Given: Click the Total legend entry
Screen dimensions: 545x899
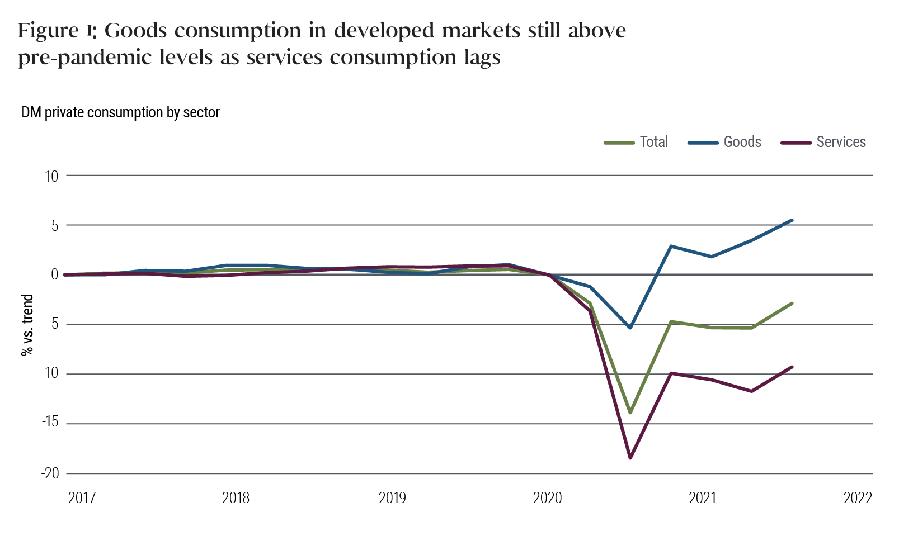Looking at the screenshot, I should tap(637, 142).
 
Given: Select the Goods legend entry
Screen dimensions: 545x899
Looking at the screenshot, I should tap(725, 142).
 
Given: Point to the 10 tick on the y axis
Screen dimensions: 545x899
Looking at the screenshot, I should tap(51, 176).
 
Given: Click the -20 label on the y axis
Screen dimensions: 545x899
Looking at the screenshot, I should tap(50, 473).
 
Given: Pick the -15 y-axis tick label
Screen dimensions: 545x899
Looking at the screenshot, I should tap(50, 424).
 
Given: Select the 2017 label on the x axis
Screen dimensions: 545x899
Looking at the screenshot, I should tap(82, 497).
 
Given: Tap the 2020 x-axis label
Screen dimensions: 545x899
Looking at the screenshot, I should tap(547, 497).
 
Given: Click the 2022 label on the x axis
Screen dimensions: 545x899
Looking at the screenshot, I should tap(858, 497).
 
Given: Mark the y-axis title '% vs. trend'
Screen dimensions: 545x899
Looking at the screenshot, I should tap(27, 325).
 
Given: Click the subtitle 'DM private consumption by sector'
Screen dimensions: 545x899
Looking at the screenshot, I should tap(120, 112).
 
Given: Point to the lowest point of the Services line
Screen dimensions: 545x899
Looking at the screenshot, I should tap(630, 458).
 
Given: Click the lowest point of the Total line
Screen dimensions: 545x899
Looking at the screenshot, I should tap(630, 413).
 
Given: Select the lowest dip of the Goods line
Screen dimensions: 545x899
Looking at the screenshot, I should tap(630, 328).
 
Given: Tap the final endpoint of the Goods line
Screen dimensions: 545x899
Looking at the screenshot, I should tap(792, 220).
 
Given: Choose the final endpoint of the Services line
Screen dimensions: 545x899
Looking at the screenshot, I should tap(792, 367).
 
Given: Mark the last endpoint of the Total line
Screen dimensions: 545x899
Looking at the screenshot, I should tap(792, 303).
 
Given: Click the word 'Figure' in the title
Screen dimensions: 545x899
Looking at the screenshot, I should tap(49, 30).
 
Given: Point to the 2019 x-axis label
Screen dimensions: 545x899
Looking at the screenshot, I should tap(392, 497).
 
